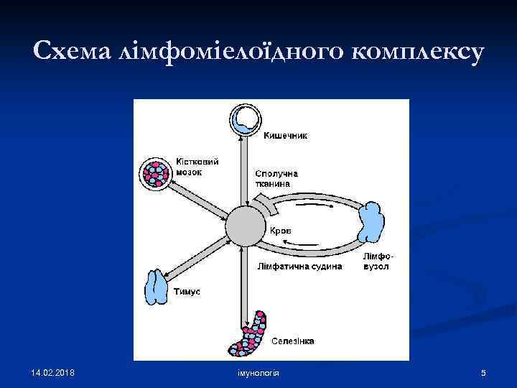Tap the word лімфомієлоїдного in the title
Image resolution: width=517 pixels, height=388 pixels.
(x=223, y=52)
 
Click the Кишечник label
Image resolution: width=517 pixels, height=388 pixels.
(x=286, y=135)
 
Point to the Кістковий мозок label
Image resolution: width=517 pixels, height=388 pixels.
(x=197, y=167)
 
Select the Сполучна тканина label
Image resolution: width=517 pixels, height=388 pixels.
(x=276, y=178)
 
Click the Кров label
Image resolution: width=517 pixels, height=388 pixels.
(x=281, y=231)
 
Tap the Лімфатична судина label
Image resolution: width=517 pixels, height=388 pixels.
(x=299, y=267)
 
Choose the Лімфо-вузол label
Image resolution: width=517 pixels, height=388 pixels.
(x=377, y=262)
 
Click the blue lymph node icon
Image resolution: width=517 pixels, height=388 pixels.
(x=371, y=223)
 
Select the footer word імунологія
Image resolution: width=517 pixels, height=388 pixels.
(x=258, y=374)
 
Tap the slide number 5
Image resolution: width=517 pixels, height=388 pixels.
(x=483, y=374)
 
